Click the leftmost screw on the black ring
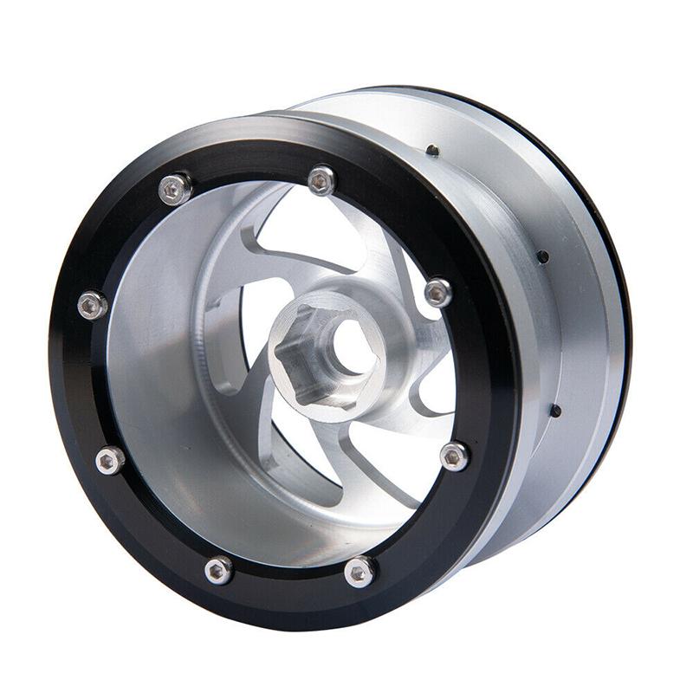coord(92,304)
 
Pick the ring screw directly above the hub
coord(321,179)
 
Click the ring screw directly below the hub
coord(359,571)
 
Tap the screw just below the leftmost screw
coord(109,460)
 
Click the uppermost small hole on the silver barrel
coord(432,151)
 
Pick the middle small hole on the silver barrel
coord(541,256)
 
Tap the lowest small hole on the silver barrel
coord(555,411)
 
